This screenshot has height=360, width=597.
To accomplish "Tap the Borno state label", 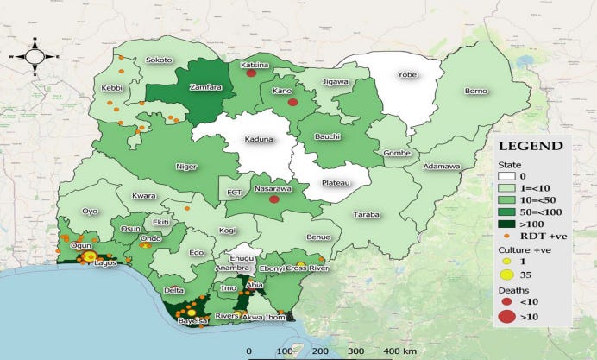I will coord(476,91).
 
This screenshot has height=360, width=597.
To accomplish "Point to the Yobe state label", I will coord(406,74).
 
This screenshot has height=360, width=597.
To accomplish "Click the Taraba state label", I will coord(367,214).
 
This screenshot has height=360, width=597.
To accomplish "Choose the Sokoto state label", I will coord(159,60).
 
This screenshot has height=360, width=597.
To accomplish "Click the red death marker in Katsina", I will coord(251,73).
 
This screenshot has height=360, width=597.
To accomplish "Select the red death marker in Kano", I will coord(292,103).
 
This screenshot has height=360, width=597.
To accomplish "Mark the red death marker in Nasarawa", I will coord(274,199).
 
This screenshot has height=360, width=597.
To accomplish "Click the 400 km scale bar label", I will coord(399,351).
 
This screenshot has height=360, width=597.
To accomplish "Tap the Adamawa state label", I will coord(442,166).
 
